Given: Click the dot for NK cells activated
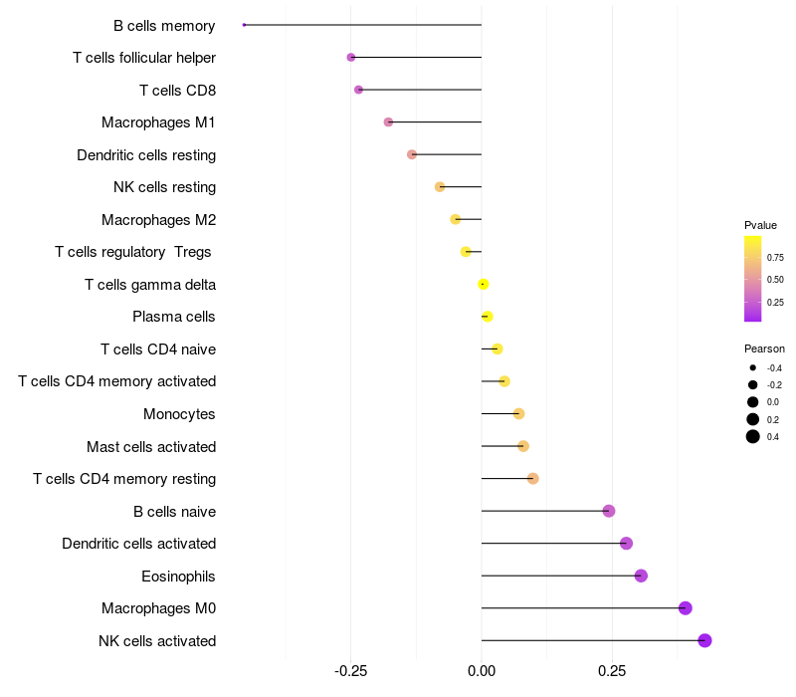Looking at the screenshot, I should [x=704, y=640].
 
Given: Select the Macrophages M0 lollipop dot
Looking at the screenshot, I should [x=685, y=608].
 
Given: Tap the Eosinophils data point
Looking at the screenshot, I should [x=641, y=576].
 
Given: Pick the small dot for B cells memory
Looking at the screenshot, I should [x=244, y=25].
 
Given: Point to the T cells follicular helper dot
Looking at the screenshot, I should [x=351, y=58].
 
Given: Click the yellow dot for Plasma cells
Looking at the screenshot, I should [x=487, y=317].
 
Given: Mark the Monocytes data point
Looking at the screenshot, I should [x=518, y=413].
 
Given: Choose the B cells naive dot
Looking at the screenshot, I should [x=609, y=511].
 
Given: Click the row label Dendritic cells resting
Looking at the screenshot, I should [x=146, y=155].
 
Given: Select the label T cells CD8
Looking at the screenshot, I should [x=177, y=91].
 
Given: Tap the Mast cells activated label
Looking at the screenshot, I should [x=151, y=447].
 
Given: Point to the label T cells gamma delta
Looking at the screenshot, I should [x=150, y=285].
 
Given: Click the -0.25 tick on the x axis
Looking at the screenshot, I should [x=350, y=672].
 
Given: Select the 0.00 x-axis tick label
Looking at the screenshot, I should [x=482, y=672].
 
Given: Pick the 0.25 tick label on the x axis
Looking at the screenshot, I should [x=612, y=672].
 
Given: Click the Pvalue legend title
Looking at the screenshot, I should [x=760, y=225].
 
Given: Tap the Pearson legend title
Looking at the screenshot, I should [x=764, y=348].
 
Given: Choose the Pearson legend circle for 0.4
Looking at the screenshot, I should [x=753, y=436].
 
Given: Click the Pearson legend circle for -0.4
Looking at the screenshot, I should [x=753, y=368].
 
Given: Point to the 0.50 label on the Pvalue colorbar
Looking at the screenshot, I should [x=775, y=279].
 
